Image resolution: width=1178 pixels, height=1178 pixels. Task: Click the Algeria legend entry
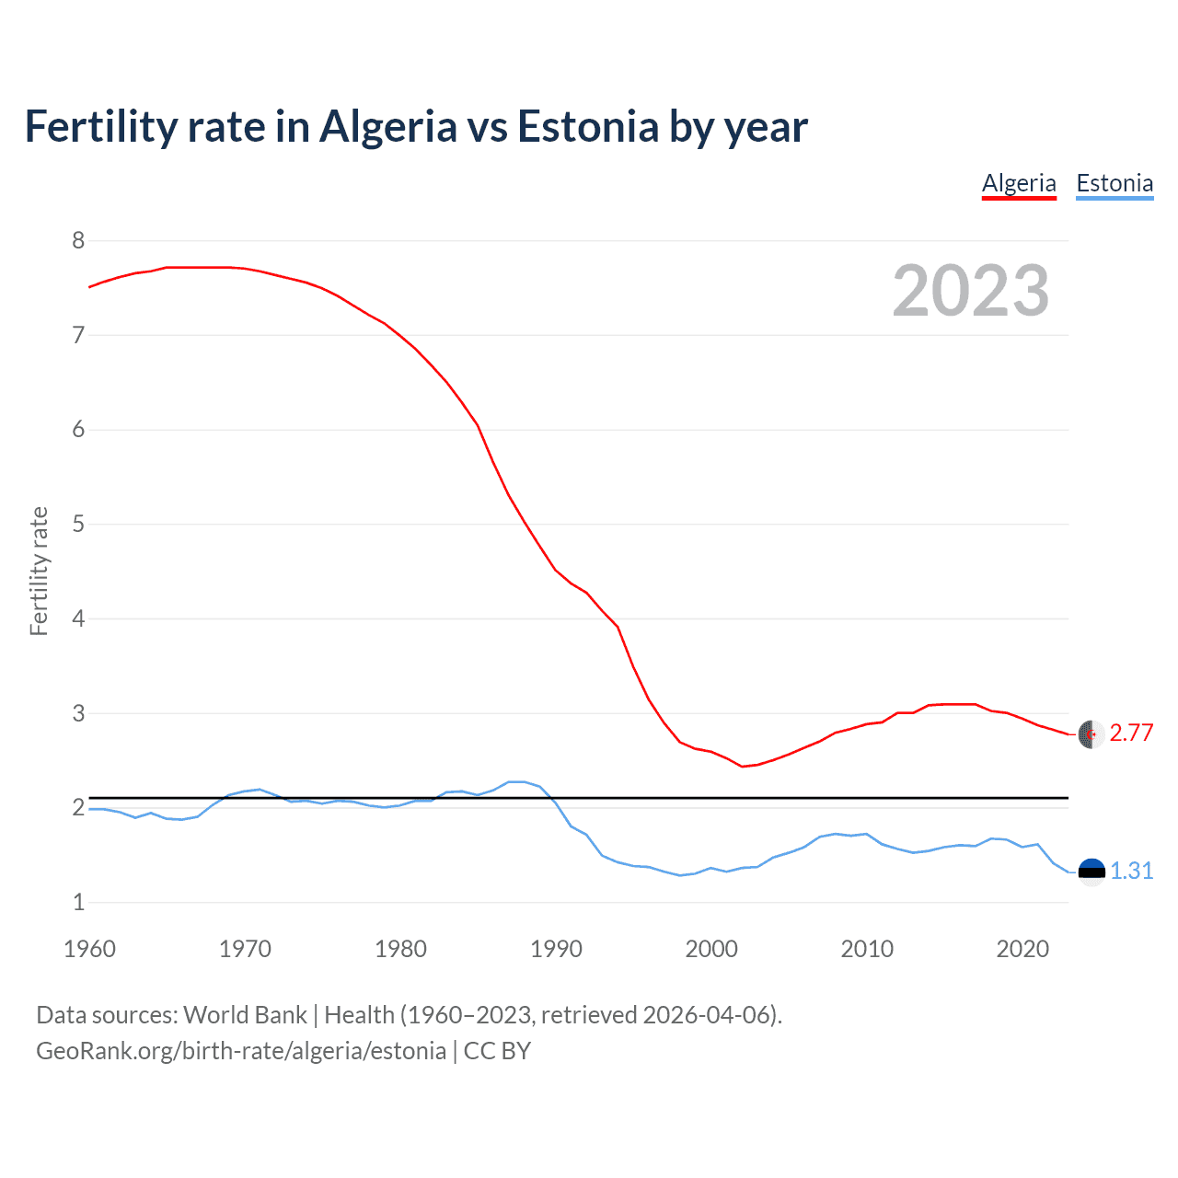[1019, 183]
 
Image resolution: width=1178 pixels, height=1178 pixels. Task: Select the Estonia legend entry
[1114, 183]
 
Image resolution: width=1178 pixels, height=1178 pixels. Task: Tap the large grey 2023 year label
[971, 291]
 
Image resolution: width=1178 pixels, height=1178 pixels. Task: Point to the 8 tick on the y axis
[78, 241]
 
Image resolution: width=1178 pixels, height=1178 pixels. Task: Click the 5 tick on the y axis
[78, 525]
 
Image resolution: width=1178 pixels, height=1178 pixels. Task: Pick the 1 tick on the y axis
[78, 903]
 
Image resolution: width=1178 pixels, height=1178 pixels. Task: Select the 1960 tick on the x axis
[89, 949]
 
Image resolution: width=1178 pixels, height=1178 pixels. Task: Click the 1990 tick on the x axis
[556, 949]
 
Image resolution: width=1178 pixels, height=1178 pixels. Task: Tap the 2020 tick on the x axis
[1022, 949]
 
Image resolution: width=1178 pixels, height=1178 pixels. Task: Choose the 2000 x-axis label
[711, 949]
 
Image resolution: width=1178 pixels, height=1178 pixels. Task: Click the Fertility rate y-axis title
[39, 571]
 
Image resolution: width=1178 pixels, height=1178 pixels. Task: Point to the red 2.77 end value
[1131, 733]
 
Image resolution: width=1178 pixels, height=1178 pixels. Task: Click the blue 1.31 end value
[1131, 871]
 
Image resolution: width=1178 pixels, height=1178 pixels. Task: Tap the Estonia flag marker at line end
[1091, 872]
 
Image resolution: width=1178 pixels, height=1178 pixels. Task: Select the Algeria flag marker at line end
[1091, 733]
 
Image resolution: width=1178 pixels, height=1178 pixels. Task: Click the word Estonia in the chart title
[588, 127]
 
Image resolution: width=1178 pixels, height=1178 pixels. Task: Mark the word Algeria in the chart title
[387, 127]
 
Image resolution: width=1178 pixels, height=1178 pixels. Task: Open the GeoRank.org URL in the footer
[241, 1051]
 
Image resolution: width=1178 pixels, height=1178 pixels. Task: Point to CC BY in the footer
[497, 1051]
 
